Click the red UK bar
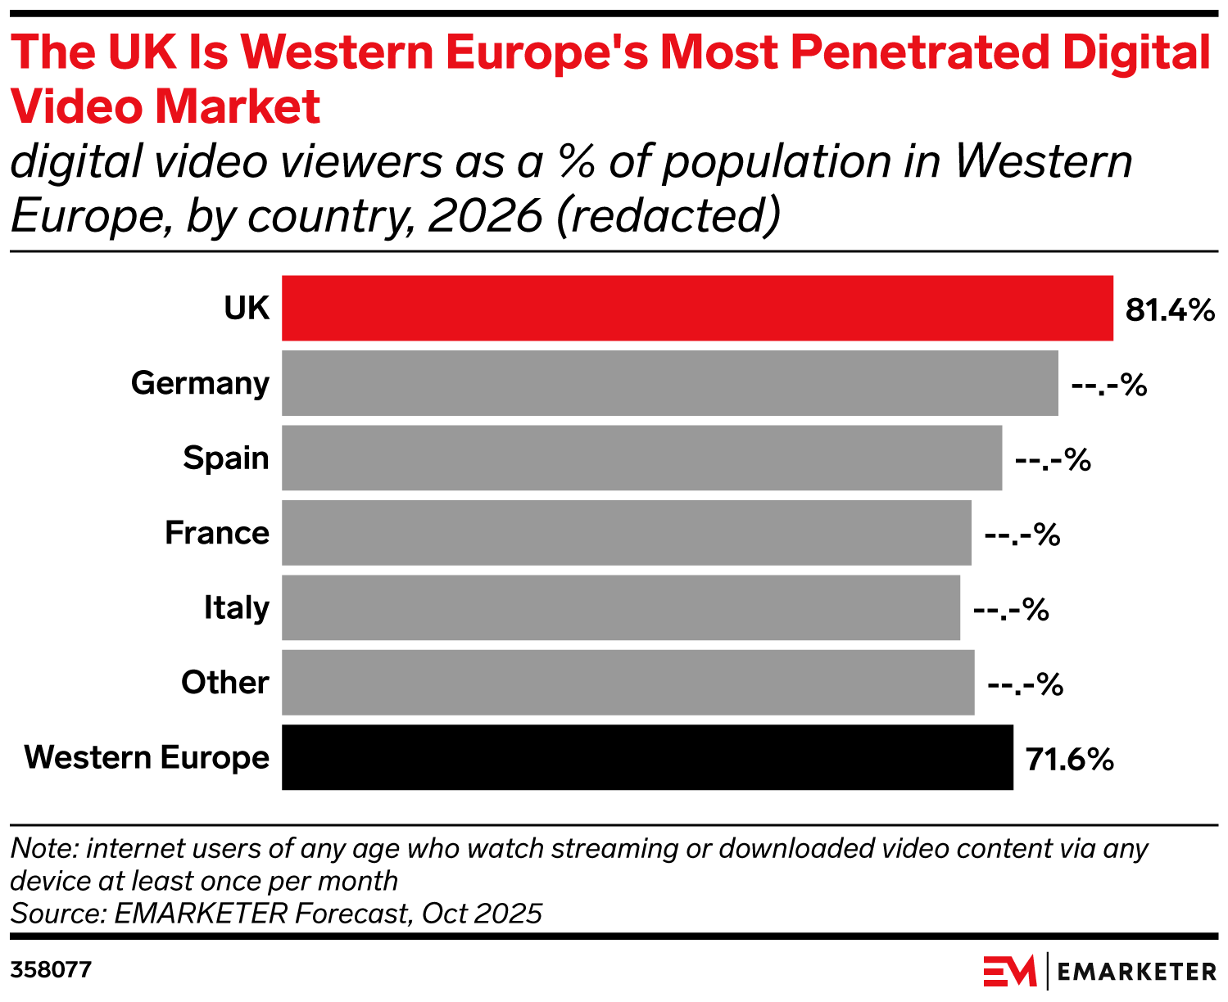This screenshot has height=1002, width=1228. click(x=697, y=308)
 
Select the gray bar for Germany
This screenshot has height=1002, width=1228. click(x=669, y=383)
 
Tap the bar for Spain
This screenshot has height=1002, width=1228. click(x=641, y=458)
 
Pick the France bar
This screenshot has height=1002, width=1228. click(x=626, y=533)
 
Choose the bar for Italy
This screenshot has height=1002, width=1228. click(x=620, y=607)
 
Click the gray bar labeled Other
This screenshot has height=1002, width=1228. click(x=628, y=683)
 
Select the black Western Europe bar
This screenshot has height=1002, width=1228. click(x=647, y=757)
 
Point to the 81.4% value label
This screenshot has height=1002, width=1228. click(x=1169, y=310)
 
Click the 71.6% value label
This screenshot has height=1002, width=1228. click(x=1069, y=760)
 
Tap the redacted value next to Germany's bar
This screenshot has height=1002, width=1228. click(x=1108, y=385)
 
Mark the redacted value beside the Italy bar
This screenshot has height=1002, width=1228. click(x=1010, y=610)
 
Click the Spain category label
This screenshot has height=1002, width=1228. click(x=225, y=458)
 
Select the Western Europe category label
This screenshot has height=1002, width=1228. click(x=147, y=757)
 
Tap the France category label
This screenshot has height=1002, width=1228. click(x=216, y=533)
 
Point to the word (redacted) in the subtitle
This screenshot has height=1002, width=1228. click(x=668, y=215)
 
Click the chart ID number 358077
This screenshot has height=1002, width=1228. click(x=51, y=970)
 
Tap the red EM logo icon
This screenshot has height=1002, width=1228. click(x=1008, y=972)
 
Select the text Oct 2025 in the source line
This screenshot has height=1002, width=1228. click(x=482, y=913)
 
